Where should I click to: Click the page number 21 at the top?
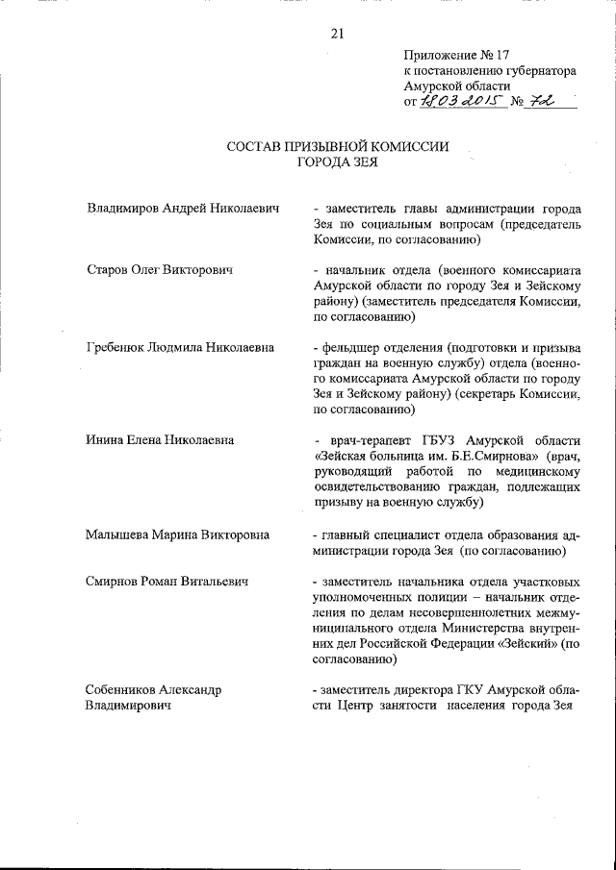click(337, 35)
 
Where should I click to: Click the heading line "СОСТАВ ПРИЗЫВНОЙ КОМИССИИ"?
click(337, 146)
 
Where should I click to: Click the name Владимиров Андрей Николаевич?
click(183, 209)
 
